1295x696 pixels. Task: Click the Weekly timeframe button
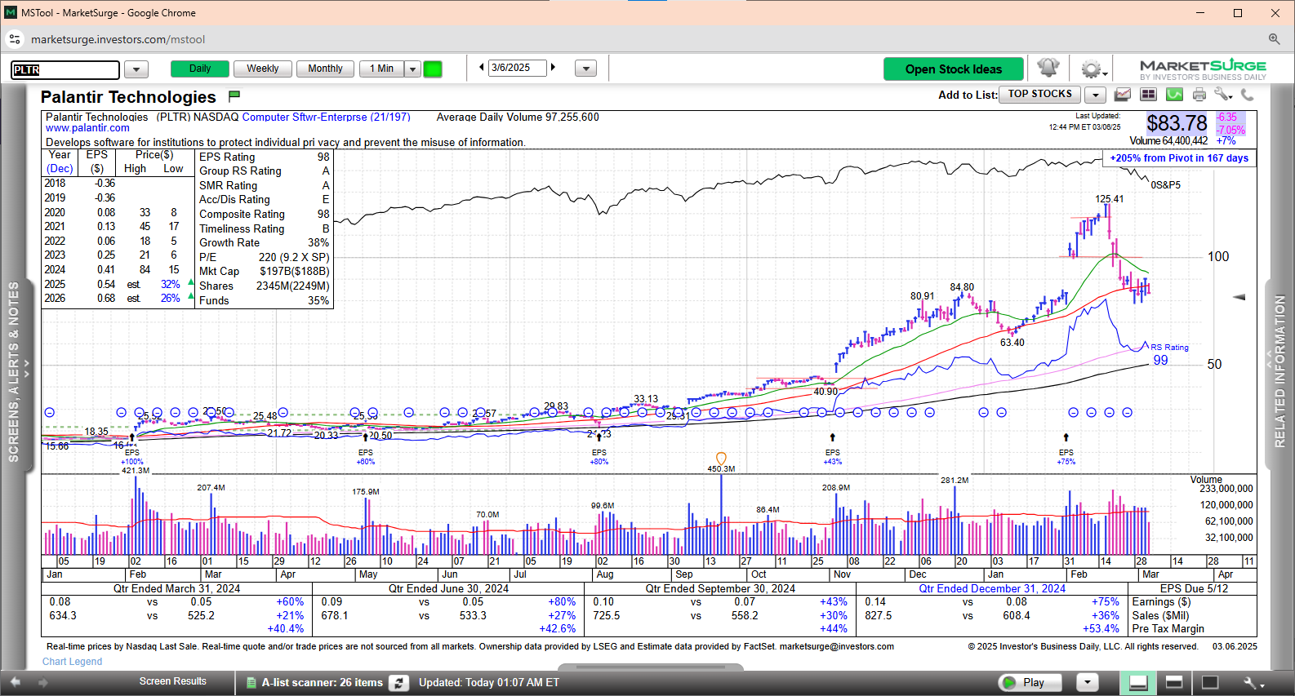[262, 69]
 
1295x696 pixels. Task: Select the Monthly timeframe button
[325, 69]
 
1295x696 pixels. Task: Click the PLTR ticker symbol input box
[65, 69]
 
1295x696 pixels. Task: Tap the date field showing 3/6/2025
[517, 68]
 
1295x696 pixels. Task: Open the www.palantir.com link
[87, 128]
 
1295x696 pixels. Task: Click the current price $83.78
[1176, 123]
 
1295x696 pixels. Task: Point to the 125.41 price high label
[1109, 199]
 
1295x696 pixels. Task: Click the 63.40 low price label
[1012, 343]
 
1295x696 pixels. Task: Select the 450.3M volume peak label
[721, 469]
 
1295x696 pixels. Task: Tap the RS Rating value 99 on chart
[1160, 361]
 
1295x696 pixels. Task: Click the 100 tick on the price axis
[1217, 257]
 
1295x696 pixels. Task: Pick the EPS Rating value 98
[323, 157]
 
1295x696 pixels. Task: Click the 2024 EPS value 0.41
[106, 270]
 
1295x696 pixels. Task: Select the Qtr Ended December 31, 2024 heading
[991, 589]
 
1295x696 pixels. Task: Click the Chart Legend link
[72, 662]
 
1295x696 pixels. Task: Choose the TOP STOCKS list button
[1039, 95]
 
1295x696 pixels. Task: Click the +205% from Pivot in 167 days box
[1179, 158]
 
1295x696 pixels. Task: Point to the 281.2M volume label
[954, 481]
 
